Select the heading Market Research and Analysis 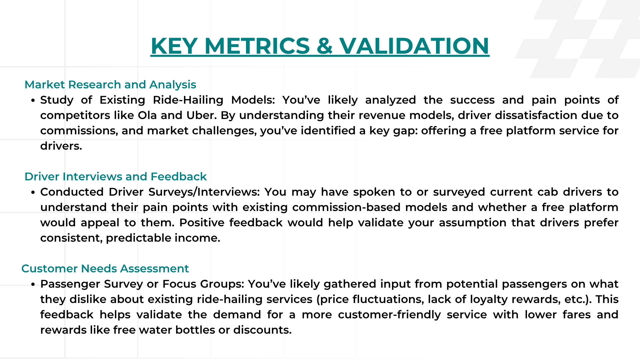tap(110, 85)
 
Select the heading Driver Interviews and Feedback tap(116, 177)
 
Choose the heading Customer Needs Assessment tap(105, 269)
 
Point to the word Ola tap(147, 115)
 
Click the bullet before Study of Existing tap(33, 101)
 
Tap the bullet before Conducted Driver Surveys tap(33, 193)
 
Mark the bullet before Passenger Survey tap(33, 285)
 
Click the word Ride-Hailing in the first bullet tap(188, 100)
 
